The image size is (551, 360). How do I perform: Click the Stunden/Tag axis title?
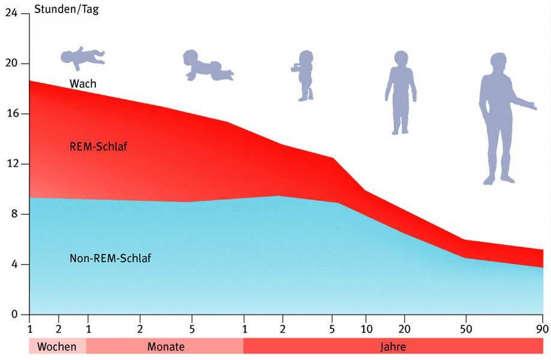(67, 9)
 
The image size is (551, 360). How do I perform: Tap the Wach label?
(83, 83)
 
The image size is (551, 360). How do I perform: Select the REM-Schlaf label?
(98, 146)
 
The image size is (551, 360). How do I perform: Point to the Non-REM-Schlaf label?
(110, 258)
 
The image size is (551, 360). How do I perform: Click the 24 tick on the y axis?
(11, 13)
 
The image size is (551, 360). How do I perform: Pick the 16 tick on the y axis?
(12, 114)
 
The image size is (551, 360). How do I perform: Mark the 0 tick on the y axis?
(14, 314)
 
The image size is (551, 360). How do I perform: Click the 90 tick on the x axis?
(543, 329)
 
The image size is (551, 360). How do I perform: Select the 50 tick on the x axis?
(466, 329)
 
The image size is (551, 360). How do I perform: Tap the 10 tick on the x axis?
(366, 329)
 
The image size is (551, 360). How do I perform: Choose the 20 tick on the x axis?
(404, 329)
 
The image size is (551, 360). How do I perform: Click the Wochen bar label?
(56, 347)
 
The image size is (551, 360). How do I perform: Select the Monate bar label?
(166, 347)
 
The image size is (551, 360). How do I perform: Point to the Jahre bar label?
(393, 347)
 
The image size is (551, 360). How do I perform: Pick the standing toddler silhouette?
(304, 76)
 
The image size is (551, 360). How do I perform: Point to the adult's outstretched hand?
(531, 106)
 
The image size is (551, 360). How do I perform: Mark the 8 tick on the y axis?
(14, 214)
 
